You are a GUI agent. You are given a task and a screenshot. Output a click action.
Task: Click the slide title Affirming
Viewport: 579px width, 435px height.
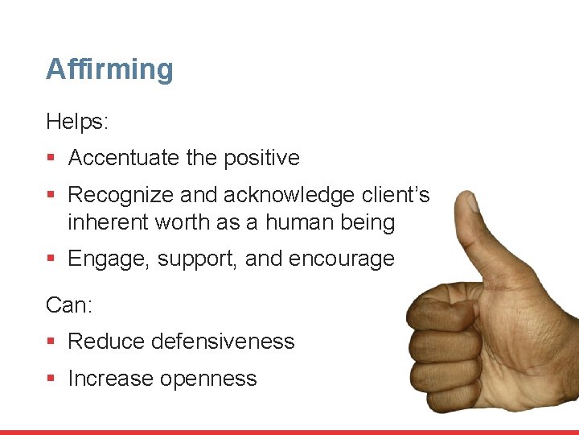pos(109,69)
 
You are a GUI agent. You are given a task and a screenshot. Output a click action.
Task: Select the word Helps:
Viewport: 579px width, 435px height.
pos(77,122)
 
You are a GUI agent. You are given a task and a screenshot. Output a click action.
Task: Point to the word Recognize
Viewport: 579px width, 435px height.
pos(121,196)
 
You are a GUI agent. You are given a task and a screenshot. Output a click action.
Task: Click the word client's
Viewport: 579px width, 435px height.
pos(395,196)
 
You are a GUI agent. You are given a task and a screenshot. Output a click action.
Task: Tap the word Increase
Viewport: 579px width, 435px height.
pos(110,379)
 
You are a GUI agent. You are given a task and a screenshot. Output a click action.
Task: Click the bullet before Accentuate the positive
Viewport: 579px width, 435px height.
pos(51,159)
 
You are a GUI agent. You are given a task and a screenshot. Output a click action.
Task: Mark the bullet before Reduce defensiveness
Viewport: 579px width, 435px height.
pos(51,342)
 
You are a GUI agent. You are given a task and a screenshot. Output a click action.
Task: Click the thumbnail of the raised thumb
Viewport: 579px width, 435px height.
pos(469,203)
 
